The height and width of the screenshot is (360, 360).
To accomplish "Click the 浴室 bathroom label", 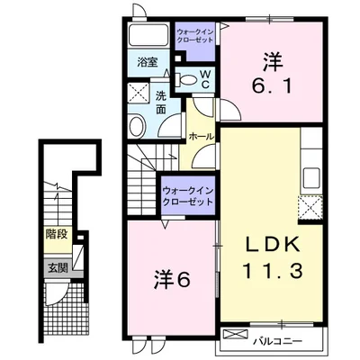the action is coord(148,62).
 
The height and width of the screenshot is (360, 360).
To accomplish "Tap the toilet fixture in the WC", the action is coord(186,80).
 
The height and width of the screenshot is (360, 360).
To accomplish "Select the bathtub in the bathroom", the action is coord(148,35).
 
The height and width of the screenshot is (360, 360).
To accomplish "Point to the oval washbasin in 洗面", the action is coord(137,127).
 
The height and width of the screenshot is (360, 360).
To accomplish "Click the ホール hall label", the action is coord(202,137).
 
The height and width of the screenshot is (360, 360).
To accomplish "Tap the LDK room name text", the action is coord(273,245).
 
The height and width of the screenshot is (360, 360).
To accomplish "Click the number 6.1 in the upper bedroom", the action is coord(272,86).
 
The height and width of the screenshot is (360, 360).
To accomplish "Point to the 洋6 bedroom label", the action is coord(172,280).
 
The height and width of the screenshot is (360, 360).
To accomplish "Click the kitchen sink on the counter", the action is coord(311,177).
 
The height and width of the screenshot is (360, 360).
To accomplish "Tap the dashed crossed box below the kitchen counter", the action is coord(310,208).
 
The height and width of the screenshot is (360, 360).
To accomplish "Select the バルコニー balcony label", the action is coord(277,341).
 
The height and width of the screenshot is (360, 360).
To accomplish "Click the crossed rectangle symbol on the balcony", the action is coord(237,334).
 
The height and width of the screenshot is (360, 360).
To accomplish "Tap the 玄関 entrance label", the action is coord(58,268).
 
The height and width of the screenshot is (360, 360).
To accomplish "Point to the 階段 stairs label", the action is coord(58,234).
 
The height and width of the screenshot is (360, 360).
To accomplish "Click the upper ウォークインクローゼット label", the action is coord(194,36).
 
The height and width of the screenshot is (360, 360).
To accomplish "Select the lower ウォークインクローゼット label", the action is coord(188,195).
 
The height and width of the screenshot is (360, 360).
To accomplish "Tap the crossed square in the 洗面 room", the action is coord(138,93).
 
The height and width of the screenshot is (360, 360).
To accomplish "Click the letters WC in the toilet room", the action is coord(204,79).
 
